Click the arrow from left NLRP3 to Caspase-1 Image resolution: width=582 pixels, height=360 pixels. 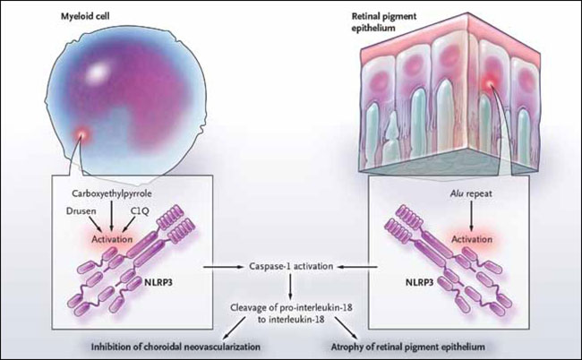click(x=224, y=267)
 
